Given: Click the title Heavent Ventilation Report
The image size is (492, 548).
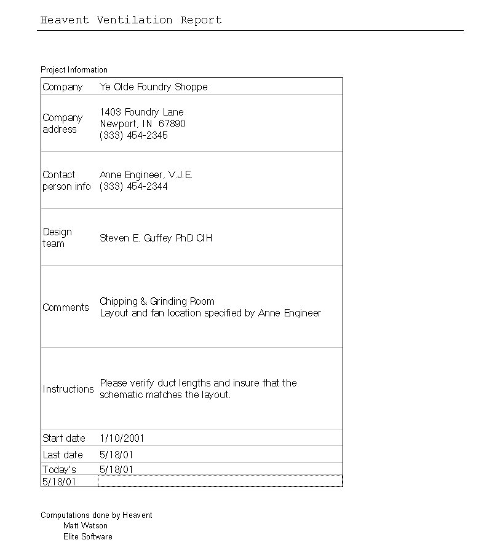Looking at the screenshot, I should point(130,20).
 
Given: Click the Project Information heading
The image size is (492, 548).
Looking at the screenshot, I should point(74,69).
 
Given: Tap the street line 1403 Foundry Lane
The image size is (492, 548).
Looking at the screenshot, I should point(141,112).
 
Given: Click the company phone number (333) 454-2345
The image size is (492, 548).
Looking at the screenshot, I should point(133,135).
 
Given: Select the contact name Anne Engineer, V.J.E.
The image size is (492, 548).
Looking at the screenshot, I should point(146,174).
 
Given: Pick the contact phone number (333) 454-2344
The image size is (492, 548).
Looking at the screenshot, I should point(133,186).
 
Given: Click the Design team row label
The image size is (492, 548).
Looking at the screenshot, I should point(57,237).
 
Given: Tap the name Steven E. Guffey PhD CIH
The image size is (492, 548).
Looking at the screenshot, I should point(156,238).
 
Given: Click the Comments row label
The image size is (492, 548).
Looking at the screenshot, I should point(65,307).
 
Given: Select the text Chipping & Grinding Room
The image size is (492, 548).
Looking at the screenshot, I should point(157,301).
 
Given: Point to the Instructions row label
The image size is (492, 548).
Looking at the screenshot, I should point(68,389).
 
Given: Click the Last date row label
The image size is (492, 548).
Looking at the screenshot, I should point(62,455).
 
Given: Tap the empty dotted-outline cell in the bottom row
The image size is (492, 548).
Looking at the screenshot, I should point(220,481).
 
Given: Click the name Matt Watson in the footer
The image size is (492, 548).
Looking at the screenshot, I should point(85,525).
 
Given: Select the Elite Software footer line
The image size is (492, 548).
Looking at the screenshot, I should point(87,536).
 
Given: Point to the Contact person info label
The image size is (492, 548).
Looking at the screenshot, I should point(66,180).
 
